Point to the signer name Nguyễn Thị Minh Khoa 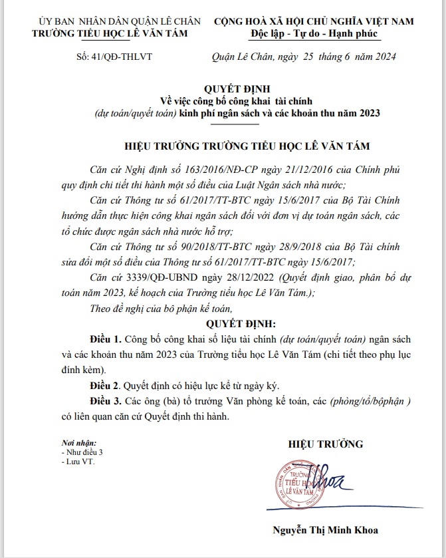point(325,530)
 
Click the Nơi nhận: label point(78,443)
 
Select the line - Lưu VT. point(77,460)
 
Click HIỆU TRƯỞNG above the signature point(325,444)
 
